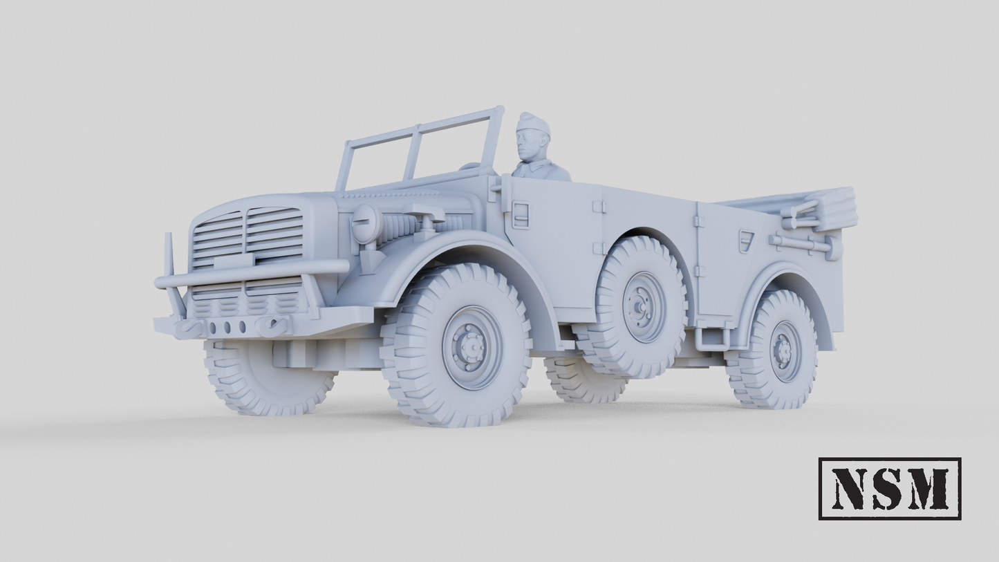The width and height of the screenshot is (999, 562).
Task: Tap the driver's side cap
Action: click(532, 124)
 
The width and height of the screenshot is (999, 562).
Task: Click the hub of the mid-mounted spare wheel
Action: click(642, 306)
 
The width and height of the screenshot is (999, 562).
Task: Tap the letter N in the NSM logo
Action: click(851, 488)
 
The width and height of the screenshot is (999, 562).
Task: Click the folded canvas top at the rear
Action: click(826, 207)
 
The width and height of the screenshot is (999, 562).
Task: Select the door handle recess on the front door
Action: click(520, 215)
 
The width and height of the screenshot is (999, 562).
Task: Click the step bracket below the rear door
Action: click(712, 338)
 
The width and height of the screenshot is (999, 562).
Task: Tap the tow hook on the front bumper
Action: click(272, 324)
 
